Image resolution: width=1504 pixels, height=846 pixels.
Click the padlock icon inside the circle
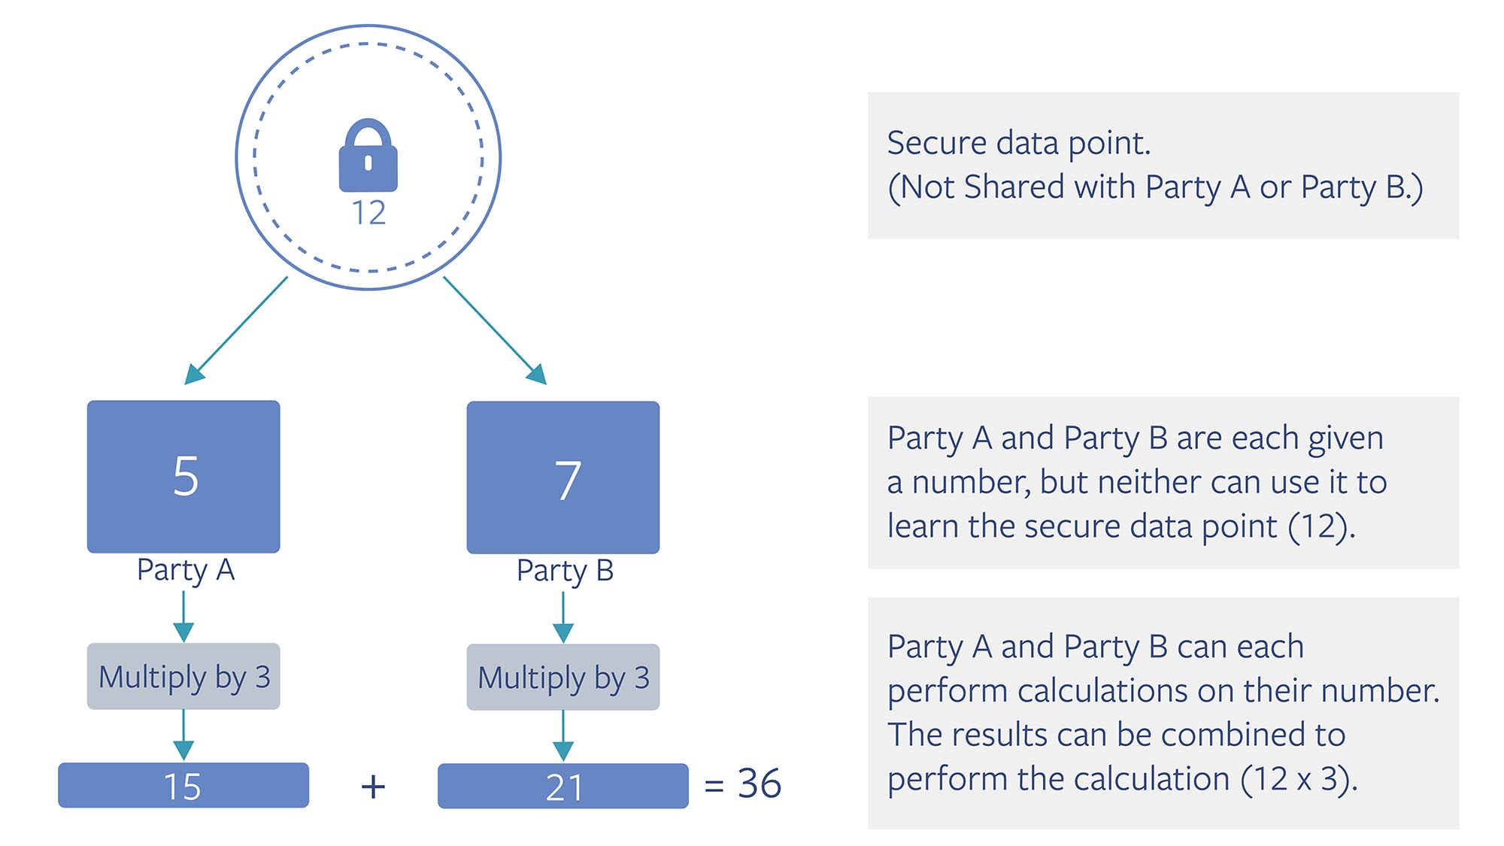[368, 156]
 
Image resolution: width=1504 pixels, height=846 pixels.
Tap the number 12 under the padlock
[368, 213]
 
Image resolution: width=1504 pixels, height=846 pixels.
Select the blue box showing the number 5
[183, 477]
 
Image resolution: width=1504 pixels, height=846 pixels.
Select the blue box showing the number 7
[563, 478]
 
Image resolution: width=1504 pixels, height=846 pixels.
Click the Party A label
[186, 570]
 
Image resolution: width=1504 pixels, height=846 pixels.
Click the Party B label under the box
[565, 571]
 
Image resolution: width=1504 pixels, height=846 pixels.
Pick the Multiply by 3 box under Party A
[183, 677]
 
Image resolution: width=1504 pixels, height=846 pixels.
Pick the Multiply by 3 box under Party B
[563, 678]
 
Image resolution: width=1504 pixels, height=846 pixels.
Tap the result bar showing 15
[183, 786]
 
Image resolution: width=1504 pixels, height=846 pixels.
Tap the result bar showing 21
[563, 787]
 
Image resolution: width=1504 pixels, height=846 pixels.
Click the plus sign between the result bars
[373, 787]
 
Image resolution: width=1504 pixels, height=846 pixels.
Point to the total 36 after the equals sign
[759, 784]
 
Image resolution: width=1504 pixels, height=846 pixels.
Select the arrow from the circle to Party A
[237, 330]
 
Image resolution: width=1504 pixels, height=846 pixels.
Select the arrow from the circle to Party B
[494, 330]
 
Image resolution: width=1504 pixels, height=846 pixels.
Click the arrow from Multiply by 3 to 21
[563, 735]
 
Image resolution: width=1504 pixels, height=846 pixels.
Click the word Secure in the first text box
[935, 143]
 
